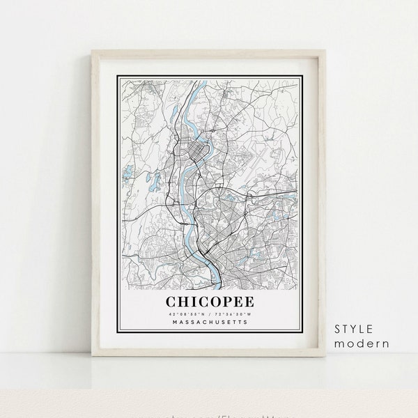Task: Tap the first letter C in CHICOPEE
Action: pyautogui.click(x=169, y=283)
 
